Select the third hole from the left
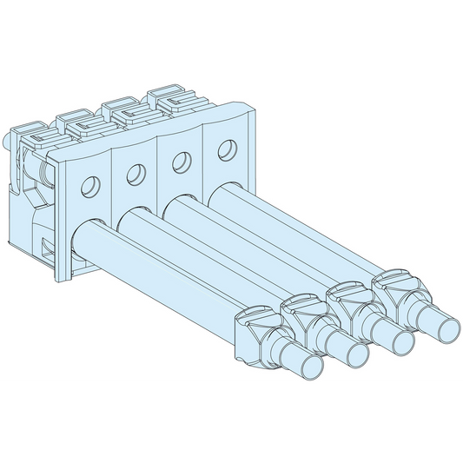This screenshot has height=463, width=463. (182, 162)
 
